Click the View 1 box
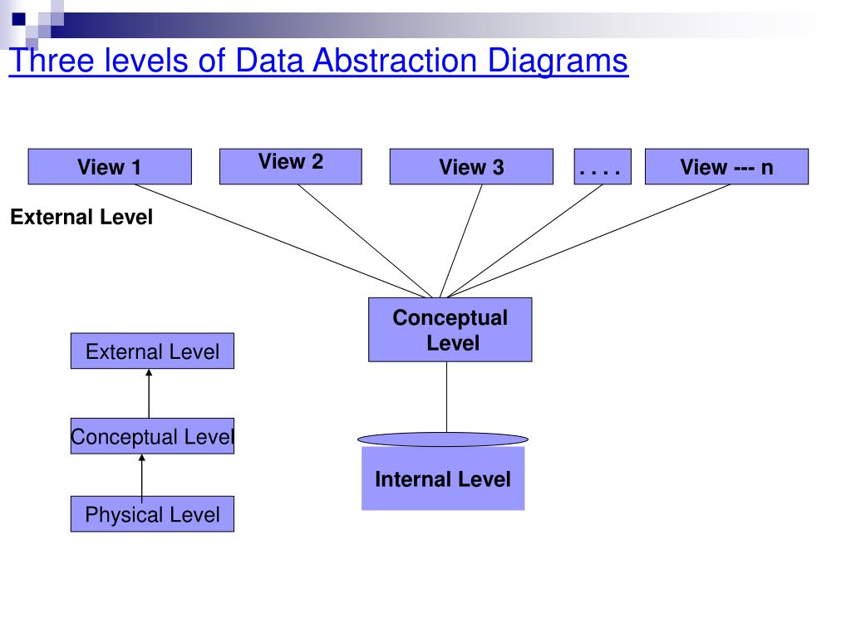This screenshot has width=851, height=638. [110, 167]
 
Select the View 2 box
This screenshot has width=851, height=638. [290, 166]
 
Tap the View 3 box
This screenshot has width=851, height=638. [471, 167]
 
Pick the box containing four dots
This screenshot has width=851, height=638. [602, 167]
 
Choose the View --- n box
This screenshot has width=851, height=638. [726, 167]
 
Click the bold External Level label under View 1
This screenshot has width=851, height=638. [81, 218]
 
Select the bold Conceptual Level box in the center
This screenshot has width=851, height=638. [450, 330]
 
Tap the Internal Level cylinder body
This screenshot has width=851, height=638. [443, 479]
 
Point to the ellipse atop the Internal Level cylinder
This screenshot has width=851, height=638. [443, 439]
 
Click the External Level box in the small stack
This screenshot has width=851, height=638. [152, 351]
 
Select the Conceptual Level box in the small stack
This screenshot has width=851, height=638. [152, 437]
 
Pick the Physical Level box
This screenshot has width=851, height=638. [152, 514]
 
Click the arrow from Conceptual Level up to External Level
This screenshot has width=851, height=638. [149, 394]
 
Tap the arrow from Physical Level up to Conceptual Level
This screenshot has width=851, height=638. [141, 476]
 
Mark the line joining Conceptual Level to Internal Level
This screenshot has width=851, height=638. [447, 397]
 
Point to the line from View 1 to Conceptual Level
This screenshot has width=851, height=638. [283, 240]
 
